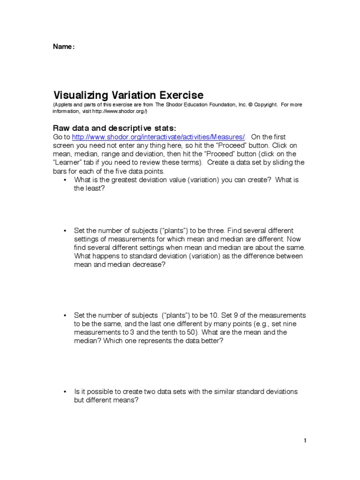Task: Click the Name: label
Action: (63, 46)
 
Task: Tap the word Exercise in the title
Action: (180, 95)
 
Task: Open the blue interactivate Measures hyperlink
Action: (158, 137)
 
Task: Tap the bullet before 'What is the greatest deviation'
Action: (64, 180)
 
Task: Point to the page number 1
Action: (305, 440)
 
